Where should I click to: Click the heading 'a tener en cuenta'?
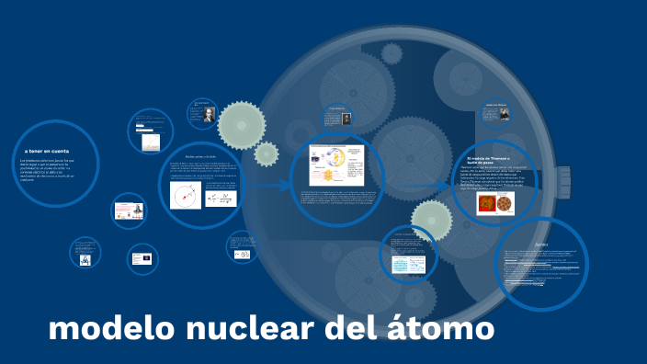47,151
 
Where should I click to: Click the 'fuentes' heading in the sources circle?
541,245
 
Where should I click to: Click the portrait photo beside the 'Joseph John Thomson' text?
504,115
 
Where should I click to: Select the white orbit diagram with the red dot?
187,194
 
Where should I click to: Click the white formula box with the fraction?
221,197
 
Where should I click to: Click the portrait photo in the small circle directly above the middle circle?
347,118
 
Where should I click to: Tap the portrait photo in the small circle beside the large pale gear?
209,115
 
